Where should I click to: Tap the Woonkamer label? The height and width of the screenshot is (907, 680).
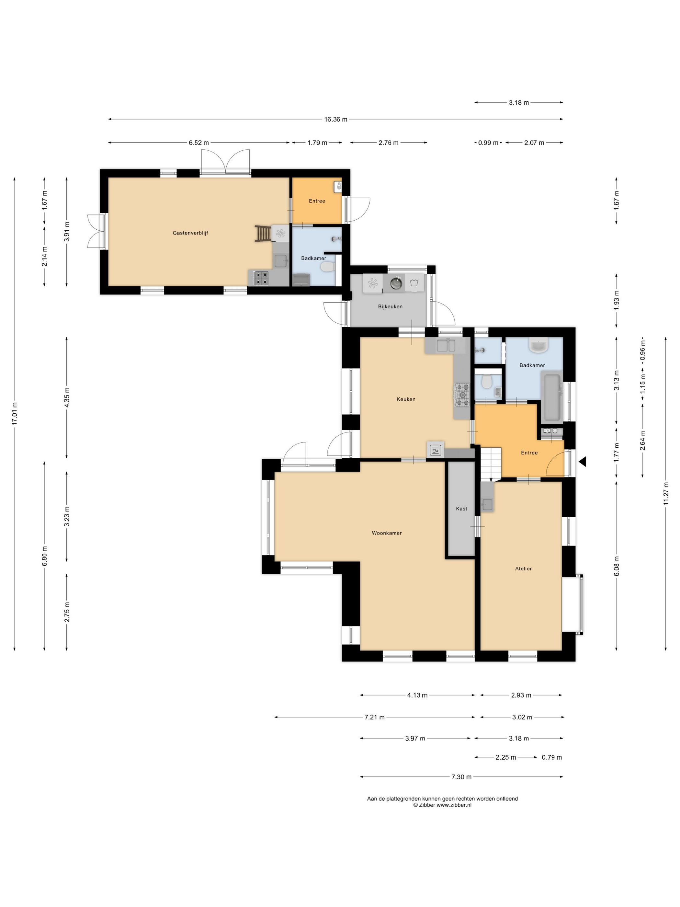pyautogui.click(x=387, y=533)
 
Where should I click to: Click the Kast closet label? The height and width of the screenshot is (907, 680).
pyautogui.click(x=461, y=509)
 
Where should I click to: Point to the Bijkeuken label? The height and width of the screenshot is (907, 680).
pyautogui.click(x=390, y=306)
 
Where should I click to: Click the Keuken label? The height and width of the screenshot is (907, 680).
pyautogui.click(x=406, y=399)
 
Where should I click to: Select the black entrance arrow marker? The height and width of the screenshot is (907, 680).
pyautogui.click(x=583, y=462)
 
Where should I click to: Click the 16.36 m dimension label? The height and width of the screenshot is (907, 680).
pyautogui.click(x=336, y=119)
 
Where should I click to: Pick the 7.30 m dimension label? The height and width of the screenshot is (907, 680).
pyautogui.click(x=461, y=776)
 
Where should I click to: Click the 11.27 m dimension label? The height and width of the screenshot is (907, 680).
pyautogui.click(x=666, y=495)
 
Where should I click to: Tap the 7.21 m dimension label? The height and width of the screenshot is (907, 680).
pyautogui.click(x=374, y=717)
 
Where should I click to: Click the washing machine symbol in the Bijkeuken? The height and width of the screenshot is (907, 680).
pyautogui.click(x=414, y=282)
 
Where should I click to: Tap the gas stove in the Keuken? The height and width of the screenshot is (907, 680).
pyautogui.click(x=462, y=395)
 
